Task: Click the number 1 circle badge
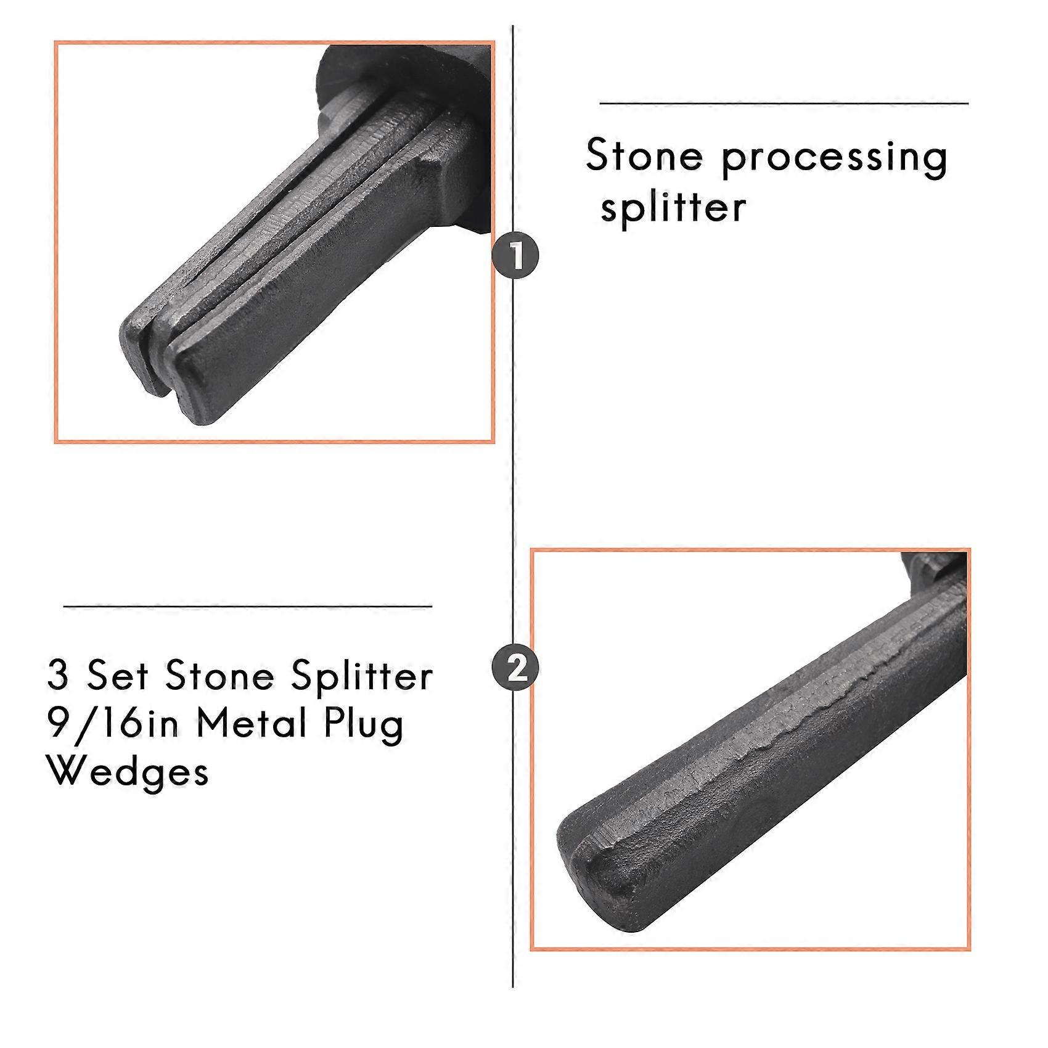click(515, 255)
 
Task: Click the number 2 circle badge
click(515, 667)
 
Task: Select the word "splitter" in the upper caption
click(673, 208)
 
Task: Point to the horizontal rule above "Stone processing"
click(783, 104)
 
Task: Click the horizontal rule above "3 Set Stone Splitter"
click(247, 607)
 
